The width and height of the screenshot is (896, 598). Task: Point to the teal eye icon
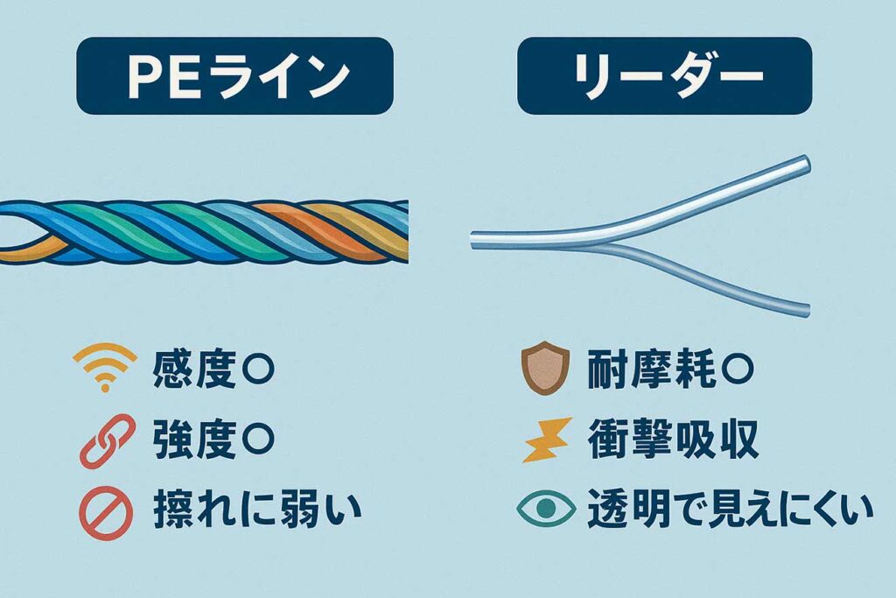pyautogui.click(x=544, y=508)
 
